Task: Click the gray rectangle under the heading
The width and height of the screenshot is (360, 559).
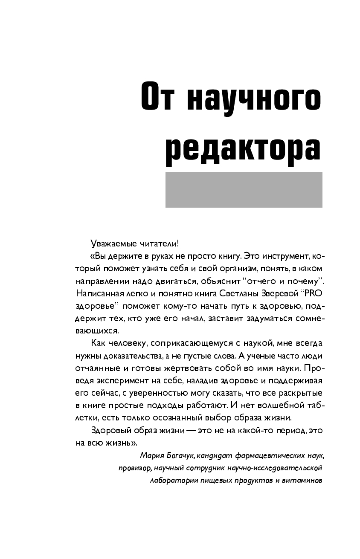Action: (244, 189)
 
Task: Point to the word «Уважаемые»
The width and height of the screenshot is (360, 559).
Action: (113, 244)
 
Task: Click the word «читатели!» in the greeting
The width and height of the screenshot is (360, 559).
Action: (159, 244)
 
